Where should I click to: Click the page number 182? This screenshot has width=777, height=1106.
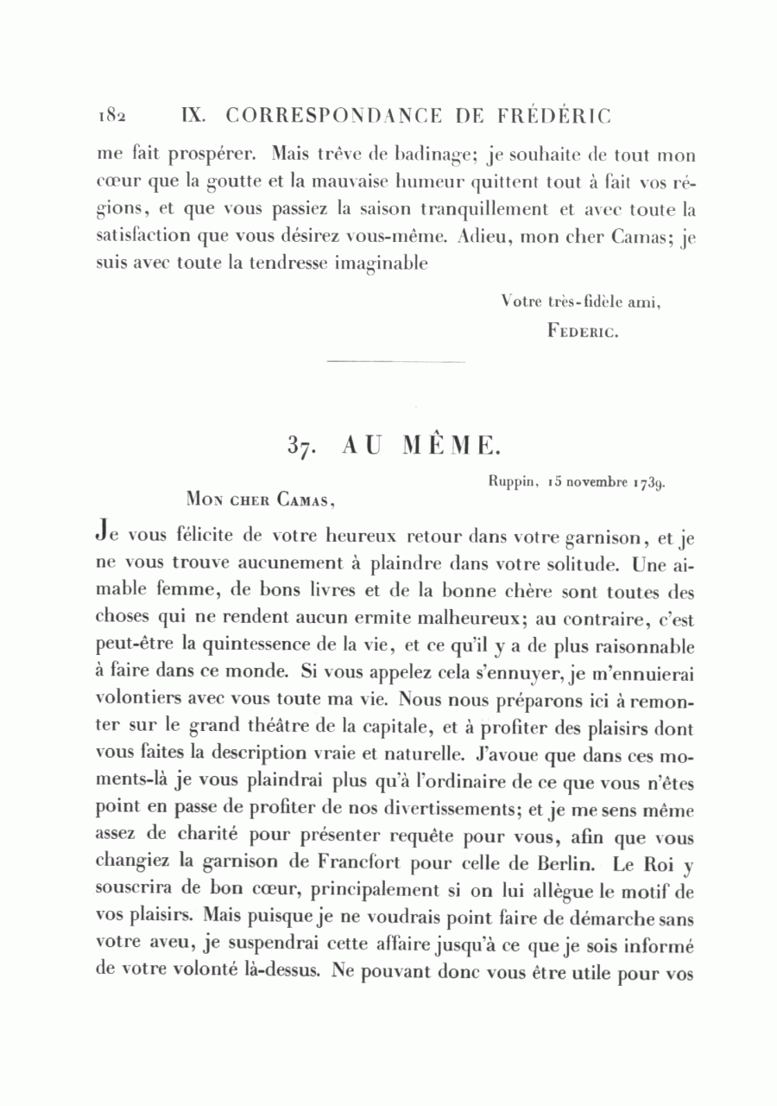tap(112, 116)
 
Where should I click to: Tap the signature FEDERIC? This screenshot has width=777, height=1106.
tap(580, 330)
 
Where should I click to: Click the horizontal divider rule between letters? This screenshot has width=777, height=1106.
tap(397, 360)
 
